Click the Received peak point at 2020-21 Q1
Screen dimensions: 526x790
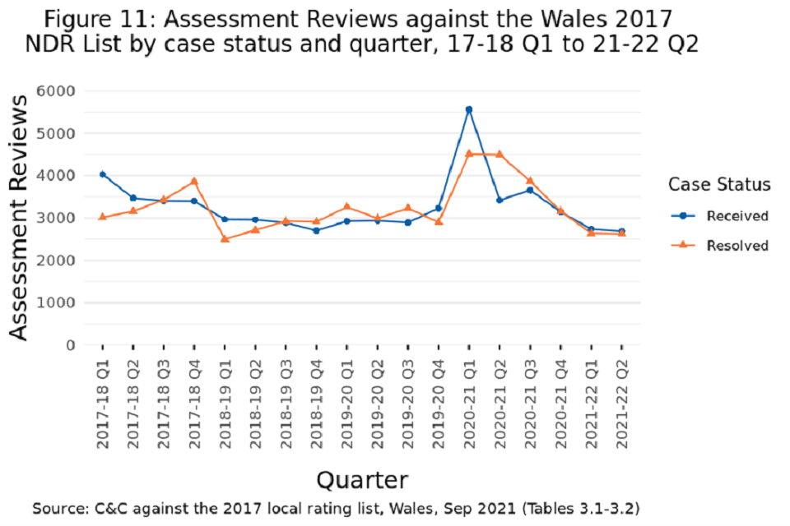(x=469, y=109)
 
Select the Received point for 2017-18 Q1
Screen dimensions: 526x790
(x=102, y=174)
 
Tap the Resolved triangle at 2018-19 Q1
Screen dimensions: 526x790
(x=225, y=238)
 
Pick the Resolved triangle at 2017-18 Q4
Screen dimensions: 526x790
(x=194, y=181)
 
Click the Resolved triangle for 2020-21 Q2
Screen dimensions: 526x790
(x=500, y=154)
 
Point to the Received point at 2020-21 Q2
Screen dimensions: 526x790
(x=500, y=200)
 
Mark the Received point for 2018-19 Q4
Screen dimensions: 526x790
(x=316, y=230)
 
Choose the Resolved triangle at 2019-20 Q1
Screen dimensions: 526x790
(x=346, y=206)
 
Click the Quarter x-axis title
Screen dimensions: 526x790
(x=362, y=479)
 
